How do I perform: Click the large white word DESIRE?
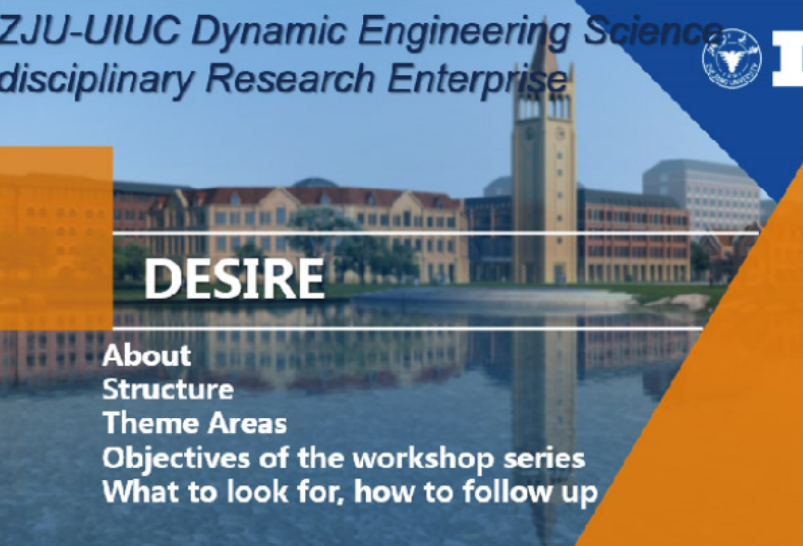(234, 278)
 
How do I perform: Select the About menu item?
(147, 356)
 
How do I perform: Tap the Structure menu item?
(168, 389)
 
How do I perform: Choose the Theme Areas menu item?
(195, 423)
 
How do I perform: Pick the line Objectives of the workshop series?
(344, 459)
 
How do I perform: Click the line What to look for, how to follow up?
(350, 492)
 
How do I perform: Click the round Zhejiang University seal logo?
(732, 58)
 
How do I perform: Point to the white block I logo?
(787, 58)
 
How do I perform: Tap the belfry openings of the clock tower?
(544, 107)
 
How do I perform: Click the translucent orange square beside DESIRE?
(56, 239)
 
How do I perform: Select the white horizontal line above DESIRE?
(436, 234)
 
